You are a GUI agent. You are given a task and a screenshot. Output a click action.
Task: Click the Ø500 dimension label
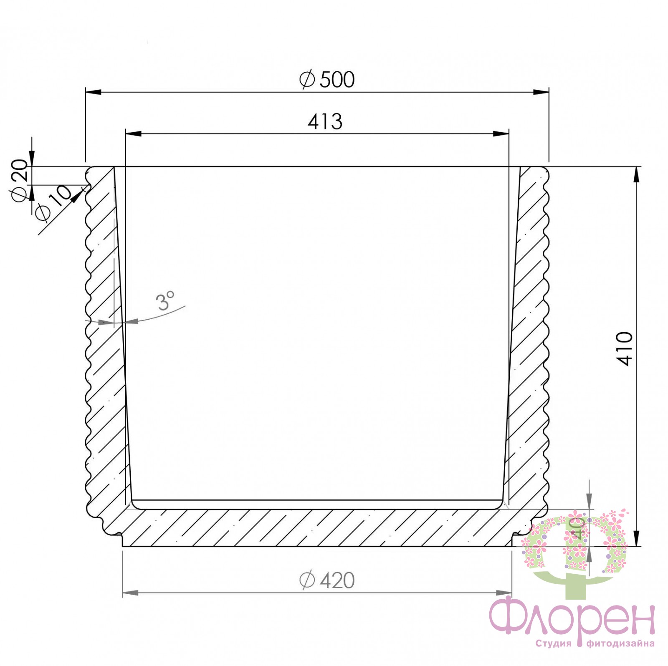pyautogui.click(x=327, y=79)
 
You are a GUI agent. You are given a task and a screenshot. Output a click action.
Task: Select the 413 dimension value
pyautogui.click(x=325, y=122)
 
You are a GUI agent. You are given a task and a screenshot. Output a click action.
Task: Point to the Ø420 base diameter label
pyautogui.click(x=327, y=580)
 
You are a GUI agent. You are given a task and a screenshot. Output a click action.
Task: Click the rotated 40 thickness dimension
pyautogui.click(x=577, y=528)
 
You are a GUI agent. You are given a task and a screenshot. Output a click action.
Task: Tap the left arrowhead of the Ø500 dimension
pyautogui.click(x=94, y=92)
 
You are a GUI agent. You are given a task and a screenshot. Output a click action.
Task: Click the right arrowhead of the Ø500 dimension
pyautogui.click(x=541, y=92)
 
